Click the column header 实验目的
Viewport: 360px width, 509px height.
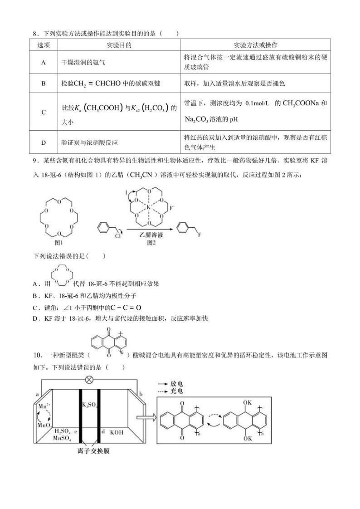119,45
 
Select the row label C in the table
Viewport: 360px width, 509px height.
44,113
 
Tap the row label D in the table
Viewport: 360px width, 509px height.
44,142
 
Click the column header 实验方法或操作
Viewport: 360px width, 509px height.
255,45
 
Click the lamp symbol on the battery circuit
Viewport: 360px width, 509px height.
89,379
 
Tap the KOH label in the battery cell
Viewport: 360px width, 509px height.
117,432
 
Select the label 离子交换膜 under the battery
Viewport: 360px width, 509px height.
89,451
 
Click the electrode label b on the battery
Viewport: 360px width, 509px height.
141,394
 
